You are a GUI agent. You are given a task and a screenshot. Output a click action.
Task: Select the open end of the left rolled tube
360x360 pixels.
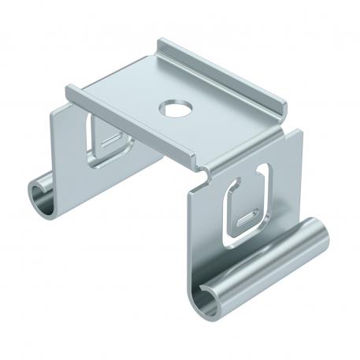39,192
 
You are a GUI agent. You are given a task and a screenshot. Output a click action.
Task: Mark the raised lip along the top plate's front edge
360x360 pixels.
126,111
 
